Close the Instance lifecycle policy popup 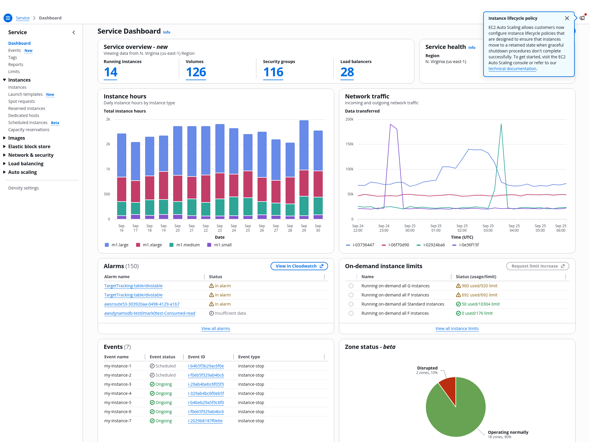(567, 18)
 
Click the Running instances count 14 (111, 72)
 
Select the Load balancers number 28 (347, 72)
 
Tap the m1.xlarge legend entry (149, 245)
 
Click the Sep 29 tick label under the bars (304, 228)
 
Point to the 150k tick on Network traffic (349, 144)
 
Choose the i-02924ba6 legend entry (431, 245)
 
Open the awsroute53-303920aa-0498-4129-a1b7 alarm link (142, 304)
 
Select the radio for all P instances (351, 295)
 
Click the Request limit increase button (537, 266)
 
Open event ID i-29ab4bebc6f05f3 (206, 384)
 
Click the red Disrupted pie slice (448, 389)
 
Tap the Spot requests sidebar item (22, 101)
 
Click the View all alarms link (216, 329)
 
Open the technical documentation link (512, 69)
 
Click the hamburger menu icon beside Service (8, 18)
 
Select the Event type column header (249, 357)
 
